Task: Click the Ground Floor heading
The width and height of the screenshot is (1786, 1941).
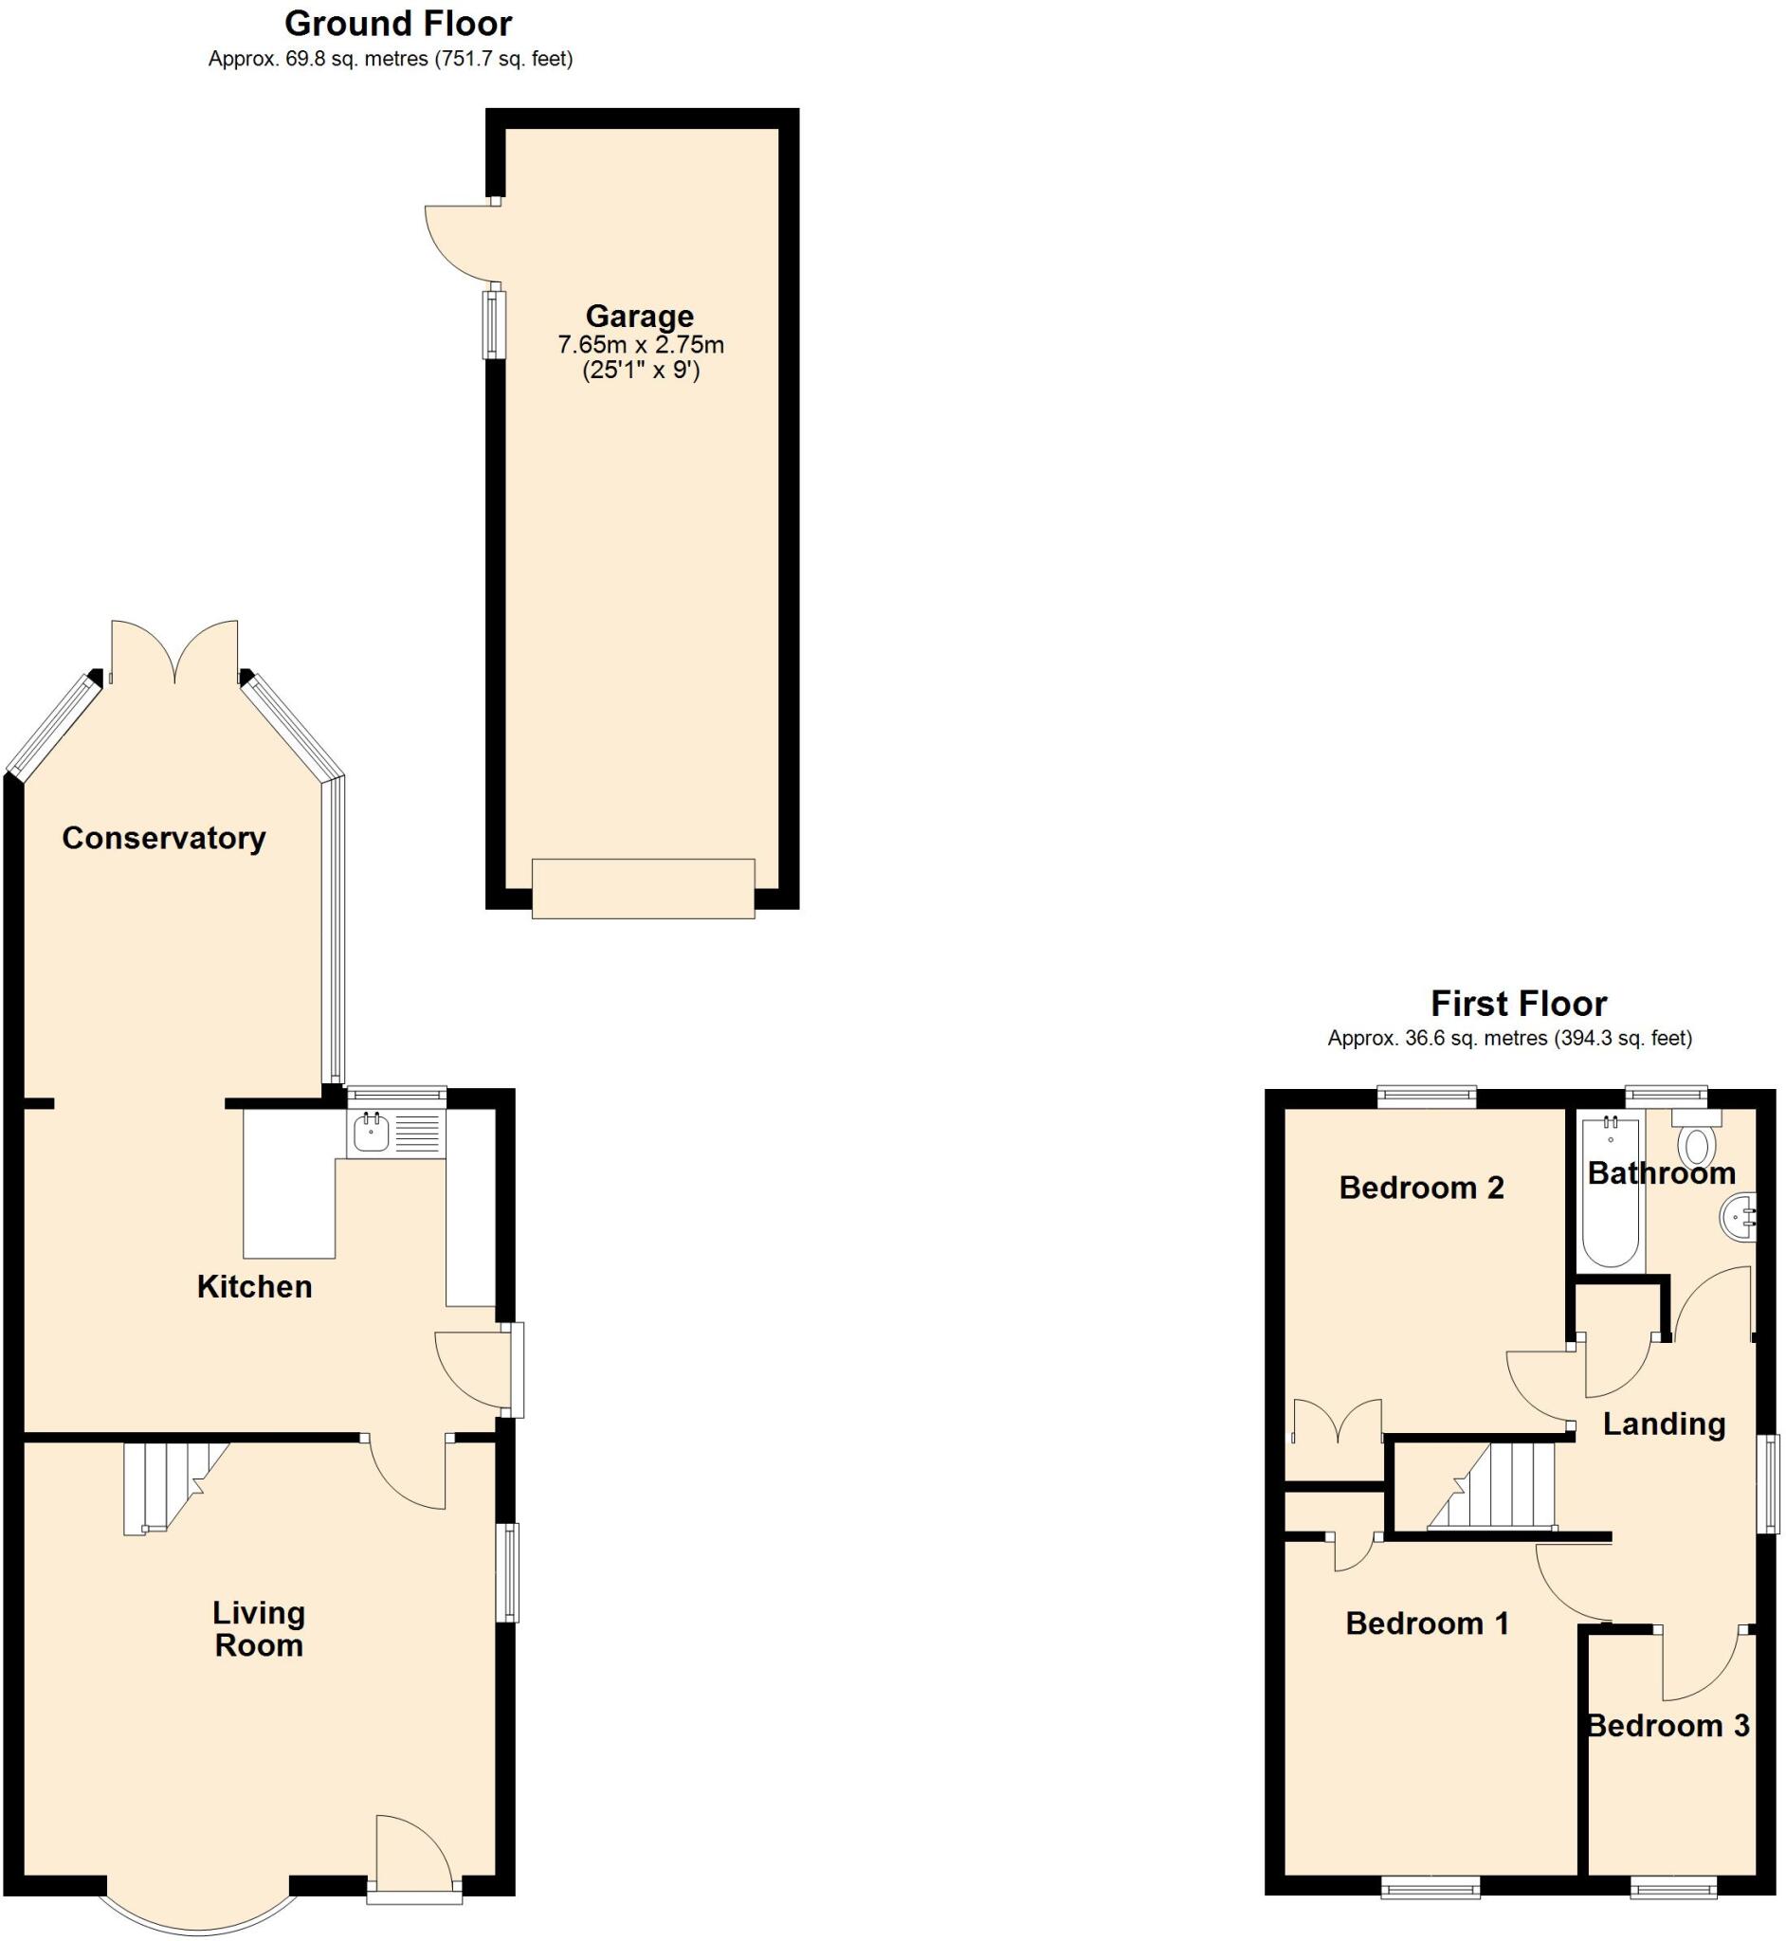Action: [398, 23]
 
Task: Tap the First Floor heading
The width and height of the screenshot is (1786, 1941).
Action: [1519, 1004]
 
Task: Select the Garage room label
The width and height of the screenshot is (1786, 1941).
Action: [640, 316]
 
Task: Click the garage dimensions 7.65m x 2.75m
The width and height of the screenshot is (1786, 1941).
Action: [640, 345]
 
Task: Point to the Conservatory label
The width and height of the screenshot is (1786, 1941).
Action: [163, 838]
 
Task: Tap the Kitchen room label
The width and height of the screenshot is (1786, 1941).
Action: [254, 1287]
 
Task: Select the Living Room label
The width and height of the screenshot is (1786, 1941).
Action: [259, 1629]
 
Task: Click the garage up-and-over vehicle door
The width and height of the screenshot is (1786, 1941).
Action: [643, 888]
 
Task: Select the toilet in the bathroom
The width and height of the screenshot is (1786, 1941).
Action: [1696, 1144]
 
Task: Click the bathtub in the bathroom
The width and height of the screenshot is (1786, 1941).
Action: [1610, 1194]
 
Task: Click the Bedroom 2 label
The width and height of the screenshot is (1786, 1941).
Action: [1422, 1188]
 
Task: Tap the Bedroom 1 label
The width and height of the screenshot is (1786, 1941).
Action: [1428, 1624]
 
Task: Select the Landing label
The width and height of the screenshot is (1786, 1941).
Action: [1665, 1424]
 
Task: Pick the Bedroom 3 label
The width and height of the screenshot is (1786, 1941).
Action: [1668, 1726]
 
